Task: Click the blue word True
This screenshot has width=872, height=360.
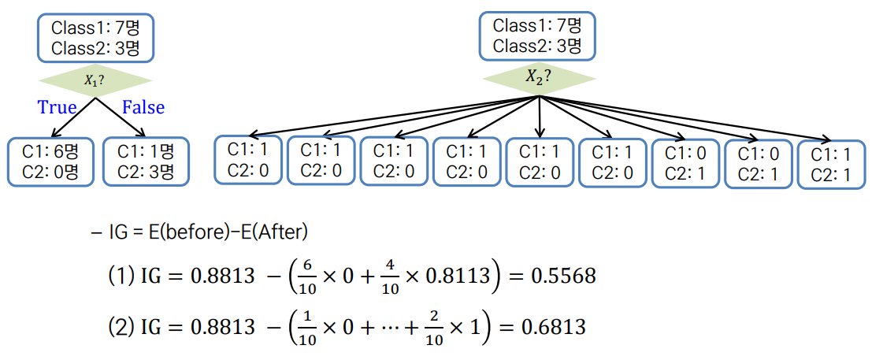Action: point(57,106)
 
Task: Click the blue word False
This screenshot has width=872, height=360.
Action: point(143,106)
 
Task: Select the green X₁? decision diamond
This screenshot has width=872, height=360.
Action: point(95,80)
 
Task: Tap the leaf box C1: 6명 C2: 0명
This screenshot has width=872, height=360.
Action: point(50,162)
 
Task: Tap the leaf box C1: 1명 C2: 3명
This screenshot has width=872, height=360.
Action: point(147,162)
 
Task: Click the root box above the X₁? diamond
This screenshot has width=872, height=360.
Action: point(95,38)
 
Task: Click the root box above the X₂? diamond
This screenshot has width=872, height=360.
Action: point(537,35)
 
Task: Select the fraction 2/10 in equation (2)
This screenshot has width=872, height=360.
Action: point(435,327)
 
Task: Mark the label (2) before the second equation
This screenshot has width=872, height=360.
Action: point(121,327)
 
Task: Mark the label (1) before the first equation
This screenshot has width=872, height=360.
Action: point(121,276)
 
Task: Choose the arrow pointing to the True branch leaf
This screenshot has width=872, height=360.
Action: point(72,117)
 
